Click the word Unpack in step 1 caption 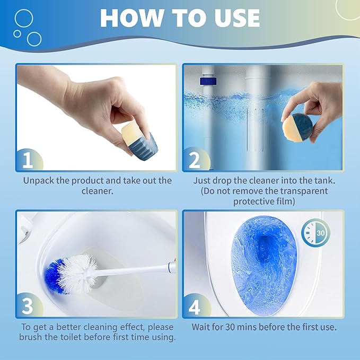[x=39, y=180]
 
